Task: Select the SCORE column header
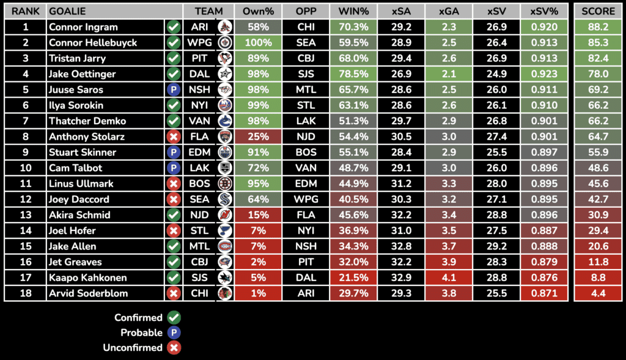[598, 11]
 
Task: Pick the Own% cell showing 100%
[258, 43]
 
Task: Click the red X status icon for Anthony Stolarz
[174, 137]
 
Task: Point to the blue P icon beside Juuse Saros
[174, 90]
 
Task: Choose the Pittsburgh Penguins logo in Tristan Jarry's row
[225, 59]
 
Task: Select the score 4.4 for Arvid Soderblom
[598, 293]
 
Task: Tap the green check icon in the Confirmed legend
[174, 318]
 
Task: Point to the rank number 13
[25, 215]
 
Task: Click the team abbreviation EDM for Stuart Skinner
[199, 152]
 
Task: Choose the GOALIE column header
[67, 11]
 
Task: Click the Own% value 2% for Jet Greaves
[258, 262]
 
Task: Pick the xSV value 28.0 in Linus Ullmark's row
[496, 183]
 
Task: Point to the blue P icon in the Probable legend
[174, 333]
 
